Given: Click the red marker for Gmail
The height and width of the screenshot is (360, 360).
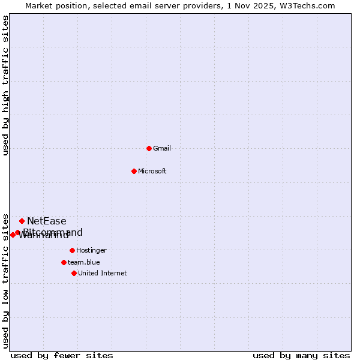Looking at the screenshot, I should coord(149,148).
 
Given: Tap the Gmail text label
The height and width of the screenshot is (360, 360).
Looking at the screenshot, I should coord(162,148).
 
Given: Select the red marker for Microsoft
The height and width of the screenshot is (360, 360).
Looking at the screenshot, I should coord(134,171).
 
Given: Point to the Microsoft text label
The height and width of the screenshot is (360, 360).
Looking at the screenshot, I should coord(152,171).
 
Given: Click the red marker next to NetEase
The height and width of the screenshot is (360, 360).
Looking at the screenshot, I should coord(22,221).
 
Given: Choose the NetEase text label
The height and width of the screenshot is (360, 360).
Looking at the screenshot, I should coord(47,221).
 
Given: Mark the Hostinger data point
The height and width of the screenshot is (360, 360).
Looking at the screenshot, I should coord(72,250).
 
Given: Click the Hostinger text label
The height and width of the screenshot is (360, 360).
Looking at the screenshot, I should coord(91,250).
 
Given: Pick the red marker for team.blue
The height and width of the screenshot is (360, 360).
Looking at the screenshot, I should coord(64,262).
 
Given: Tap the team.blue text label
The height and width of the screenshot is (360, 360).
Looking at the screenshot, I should coord(83,262).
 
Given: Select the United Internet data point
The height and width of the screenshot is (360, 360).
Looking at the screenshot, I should coord(74,273).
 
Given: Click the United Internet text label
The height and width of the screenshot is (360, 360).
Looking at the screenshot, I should coord(102,273).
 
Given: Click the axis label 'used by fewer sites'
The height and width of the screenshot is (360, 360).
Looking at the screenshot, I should coord(62,355).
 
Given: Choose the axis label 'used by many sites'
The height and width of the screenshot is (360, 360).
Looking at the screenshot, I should coord(301,355).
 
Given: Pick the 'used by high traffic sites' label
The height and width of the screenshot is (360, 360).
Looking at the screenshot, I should coord(5,85).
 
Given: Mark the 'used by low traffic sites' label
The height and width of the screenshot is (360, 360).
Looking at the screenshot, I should coord(5,281).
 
